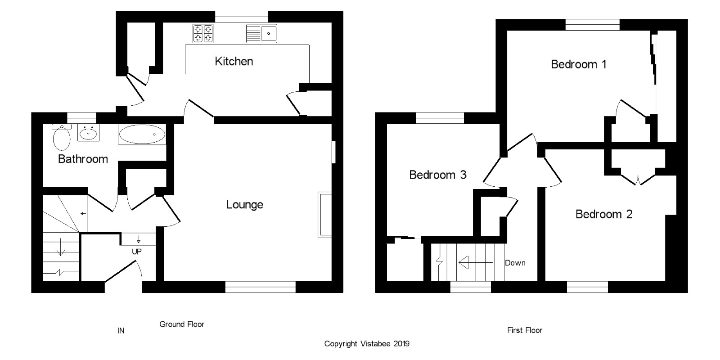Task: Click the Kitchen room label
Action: tap(234, 61)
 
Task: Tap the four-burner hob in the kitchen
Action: tap(203, 33)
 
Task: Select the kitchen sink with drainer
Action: tap(261, 33)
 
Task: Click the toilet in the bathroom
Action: tap(61, 137)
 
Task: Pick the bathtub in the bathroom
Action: tap(142, 134)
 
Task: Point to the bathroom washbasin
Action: tap(88, 133)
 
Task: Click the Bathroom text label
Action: tap(83, 159)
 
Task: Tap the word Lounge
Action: tap(245, 205)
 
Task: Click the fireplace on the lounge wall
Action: tap(324, 215)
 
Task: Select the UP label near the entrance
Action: tap(137, 252)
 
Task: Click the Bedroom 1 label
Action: tap(579, 65)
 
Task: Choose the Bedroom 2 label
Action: tap(604, 214)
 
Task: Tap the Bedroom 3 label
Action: tap(437, 175)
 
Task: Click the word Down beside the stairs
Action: tap(515, 263)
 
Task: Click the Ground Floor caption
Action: tap(182, 324)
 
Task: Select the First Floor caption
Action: tap(525, 330)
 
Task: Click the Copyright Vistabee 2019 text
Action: tap(367, 344)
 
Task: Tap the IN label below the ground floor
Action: tap(121, 331)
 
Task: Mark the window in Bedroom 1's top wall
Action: tap(592, 25)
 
